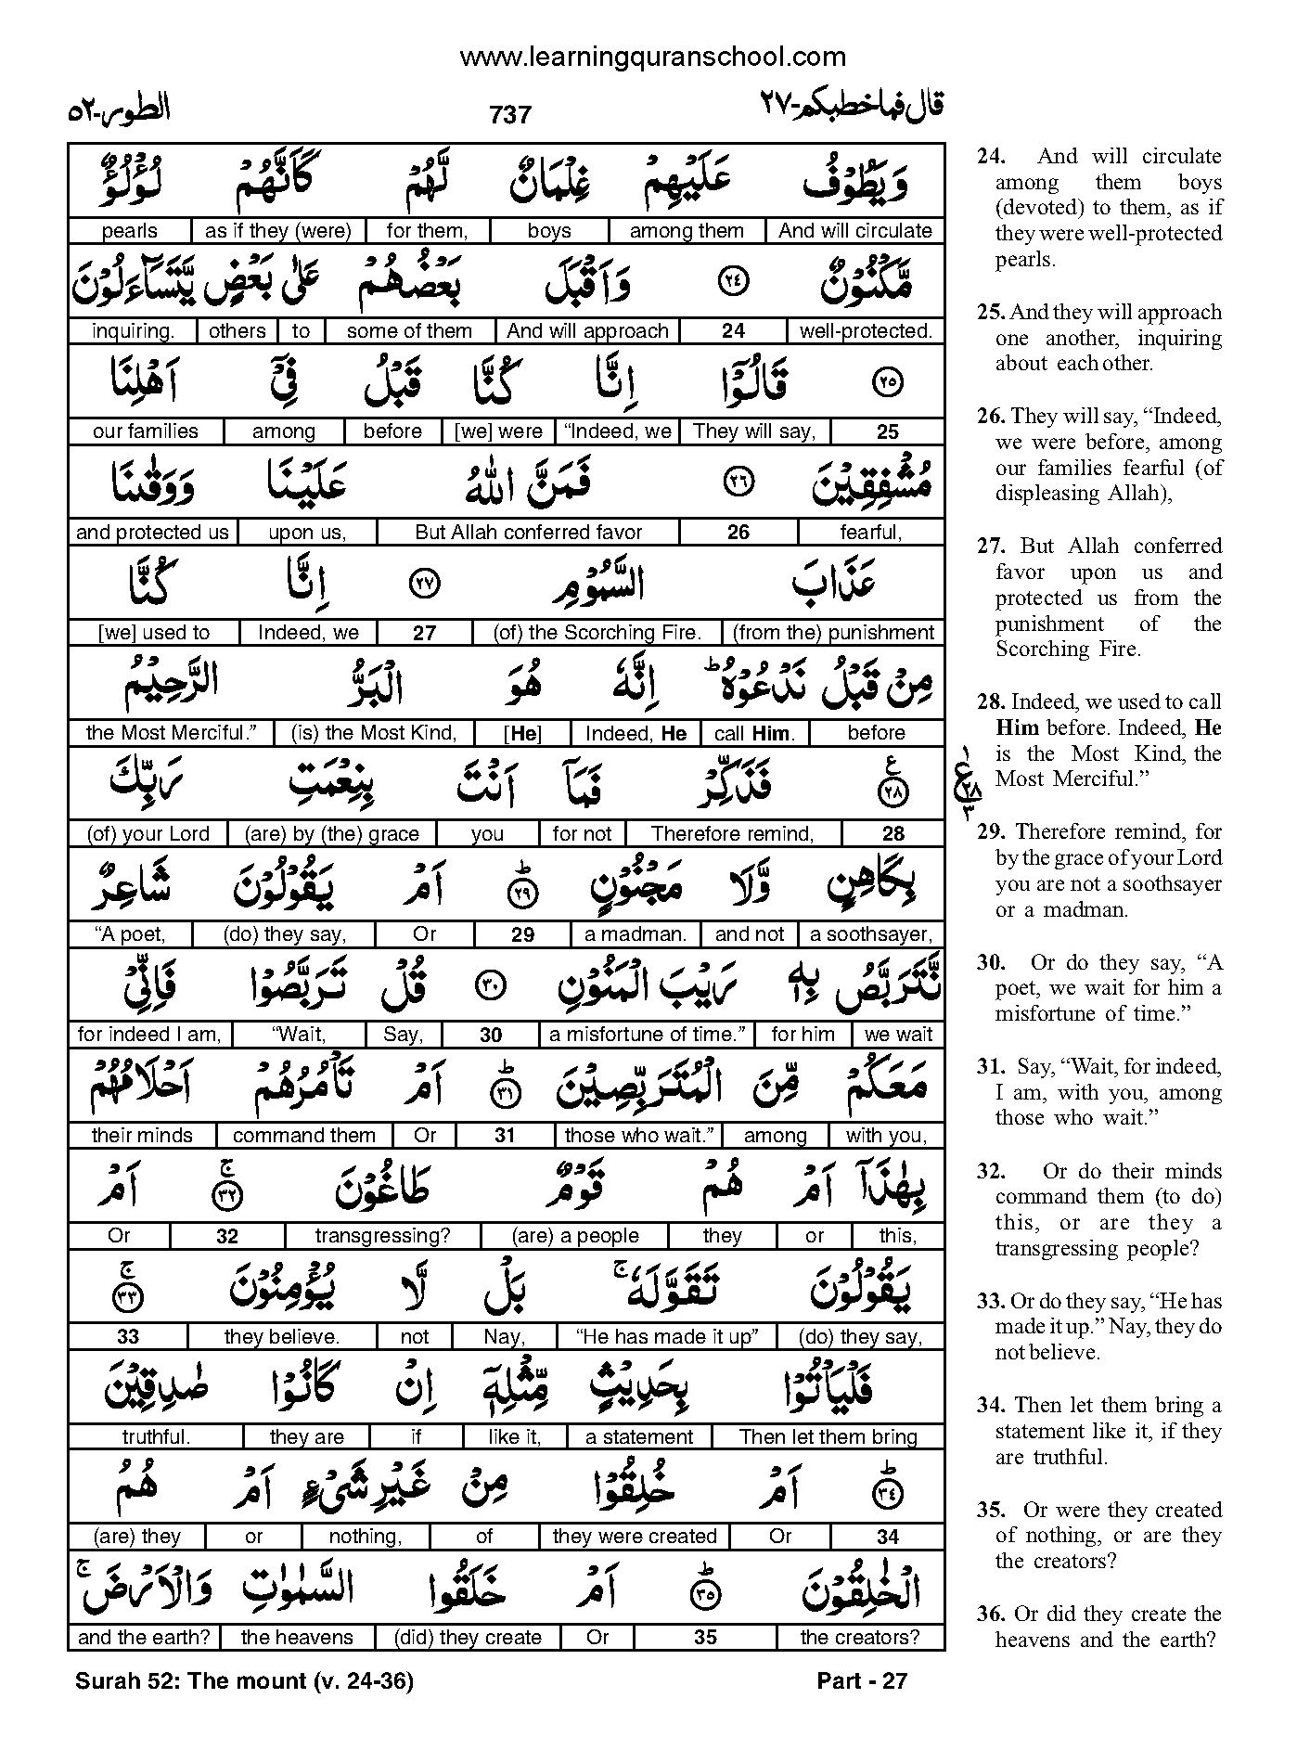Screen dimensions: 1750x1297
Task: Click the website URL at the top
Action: pos(652,58)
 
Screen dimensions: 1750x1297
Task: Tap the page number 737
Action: pos(509,114)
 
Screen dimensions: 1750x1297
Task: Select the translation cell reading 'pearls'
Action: pos(130,231)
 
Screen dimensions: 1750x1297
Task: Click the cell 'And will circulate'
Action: pos(854,231)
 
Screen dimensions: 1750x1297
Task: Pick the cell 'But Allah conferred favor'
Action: pos(528,533)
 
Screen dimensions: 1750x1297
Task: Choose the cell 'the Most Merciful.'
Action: pos(171,733)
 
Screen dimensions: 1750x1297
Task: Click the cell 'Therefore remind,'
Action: pos(732,834)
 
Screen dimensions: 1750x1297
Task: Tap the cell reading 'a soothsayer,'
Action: pos(871,934)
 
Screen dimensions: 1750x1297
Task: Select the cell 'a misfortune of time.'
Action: pos(648,1035)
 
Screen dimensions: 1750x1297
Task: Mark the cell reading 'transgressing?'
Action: pos(382,1236)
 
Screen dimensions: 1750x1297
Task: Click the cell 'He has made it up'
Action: pos(667,1336)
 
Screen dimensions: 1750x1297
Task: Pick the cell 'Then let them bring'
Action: pos(828,1437)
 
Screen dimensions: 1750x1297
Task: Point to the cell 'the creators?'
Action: pos(859,1638)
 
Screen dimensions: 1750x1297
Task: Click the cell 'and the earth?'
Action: pos(144,1638)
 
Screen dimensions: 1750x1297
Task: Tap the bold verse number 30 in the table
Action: pos(491,1036)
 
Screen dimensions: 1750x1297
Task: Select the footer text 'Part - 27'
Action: pos(862,1680)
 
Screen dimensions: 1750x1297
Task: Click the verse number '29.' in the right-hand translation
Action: pos(990,831)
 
